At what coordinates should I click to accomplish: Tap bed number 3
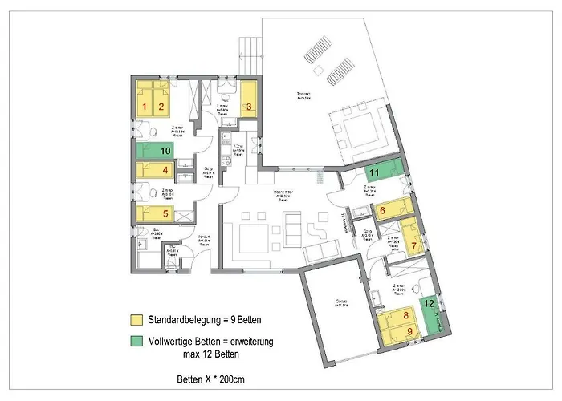pyautogui.click(x=249, y=102)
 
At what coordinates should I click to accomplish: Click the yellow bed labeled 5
pyautogui.click(x=164, y=213)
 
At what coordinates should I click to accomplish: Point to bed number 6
pyautogui.click(x=383, y=211)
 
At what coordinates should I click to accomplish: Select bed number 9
pyautogui.click(x=409, y=330)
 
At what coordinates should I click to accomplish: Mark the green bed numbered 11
pyautogui.click(x=376, y=172)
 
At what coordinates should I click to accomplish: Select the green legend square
pyautogui.click(x=137, y=342)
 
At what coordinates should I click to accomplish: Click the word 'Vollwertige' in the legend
pyautogui.click(x=168, y=341)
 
